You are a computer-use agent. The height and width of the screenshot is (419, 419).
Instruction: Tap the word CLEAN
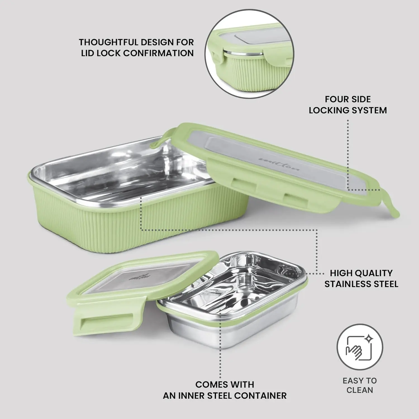(x=360, y=390)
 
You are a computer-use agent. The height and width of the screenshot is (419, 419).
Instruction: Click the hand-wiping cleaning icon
(x=360, y=347)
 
